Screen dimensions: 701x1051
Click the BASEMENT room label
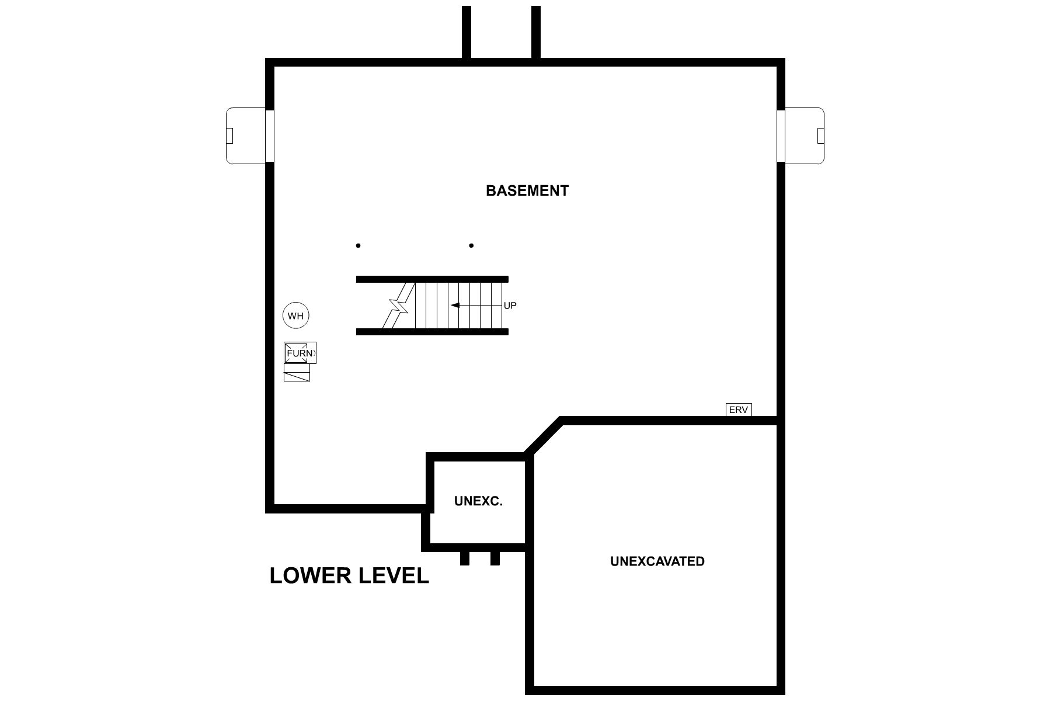527,191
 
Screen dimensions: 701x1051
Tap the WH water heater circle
296,316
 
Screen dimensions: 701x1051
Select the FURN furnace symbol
300,353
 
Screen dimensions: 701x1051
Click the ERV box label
738,410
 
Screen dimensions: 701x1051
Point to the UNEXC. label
478,501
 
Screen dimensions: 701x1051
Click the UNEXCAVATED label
657,561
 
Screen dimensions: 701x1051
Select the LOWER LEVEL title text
349,576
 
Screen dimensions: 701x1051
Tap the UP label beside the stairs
510,306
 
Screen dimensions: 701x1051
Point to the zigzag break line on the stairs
399,306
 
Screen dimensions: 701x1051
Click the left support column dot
359,246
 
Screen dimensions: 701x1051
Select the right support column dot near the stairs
471,246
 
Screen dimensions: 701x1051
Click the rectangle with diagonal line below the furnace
297,376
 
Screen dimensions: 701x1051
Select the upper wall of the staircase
432,279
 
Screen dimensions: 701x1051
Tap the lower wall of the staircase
432,332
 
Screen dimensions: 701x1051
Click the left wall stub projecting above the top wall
467,32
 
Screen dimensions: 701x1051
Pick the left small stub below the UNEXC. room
465,558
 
